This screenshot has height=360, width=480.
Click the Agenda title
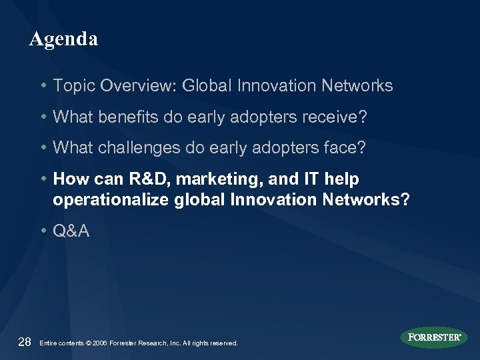pos(64,39)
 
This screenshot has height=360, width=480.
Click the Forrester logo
pos(434,337)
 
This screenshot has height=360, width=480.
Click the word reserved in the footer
pos(223,343)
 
